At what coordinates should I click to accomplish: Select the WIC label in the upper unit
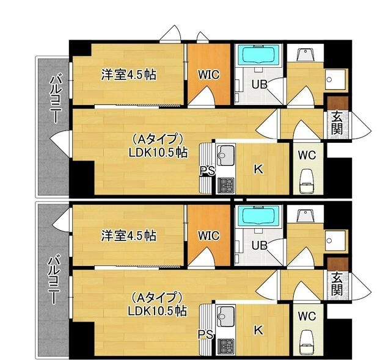[208, 74]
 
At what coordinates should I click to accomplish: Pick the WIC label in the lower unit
[208, 236]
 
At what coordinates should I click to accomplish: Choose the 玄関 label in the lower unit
[337, 283]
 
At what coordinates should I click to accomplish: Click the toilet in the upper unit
[307, 181]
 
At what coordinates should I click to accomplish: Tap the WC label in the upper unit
[307, 155]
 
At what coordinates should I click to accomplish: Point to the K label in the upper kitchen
[258, 169]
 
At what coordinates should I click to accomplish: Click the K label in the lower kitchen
[258, 330]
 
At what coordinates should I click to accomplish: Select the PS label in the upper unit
[207, 171]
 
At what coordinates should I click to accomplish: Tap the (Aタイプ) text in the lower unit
[157, 298]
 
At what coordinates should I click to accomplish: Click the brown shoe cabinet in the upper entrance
[336, 103]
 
